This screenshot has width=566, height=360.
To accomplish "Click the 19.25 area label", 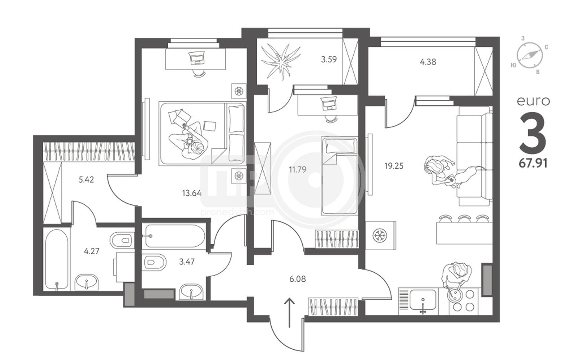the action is [x=394, y=166].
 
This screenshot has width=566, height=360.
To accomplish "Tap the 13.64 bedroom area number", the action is [x=192, y=193].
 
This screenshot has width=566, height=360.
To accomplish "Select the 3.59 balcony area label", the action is [x=329, y=60].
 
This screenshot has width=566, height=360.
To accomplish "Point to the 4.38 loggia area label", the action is [x=428, y=62].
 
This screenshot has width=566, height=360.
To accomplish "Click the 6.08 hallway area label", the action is [x=298, y=279].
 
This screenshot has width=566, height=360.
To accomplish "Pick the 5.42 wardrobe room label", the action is [x=86, y=180].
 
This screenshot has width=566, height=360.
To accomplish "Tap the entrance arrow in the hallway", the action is [x=290, y=313].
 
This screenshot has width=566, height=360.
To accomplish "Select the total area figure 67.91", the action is [x=533, y=163].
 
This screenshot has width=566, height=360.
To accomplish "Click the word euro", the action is [x=533, y=101].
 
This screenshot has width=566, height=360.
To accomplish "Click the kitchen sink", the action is [x=423, y=300].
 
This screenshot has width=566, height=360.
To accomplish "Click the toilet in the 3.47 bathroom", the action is [x=154, y=262].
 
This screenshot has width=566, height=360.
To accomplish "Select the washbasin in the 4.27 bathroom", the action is [x=86, y=282].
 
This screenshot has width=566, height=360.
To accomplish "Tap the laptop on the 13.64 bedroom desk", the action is [x=198, y=58].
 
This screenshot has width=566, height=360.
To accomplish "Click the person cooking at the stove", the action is [x=456, y=276].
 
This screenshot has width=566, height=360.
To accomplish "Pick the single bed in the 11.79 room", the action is [x=339, y=176].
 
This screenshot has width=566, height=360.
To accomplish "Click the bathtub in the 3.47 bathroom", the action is [x=175, y=236].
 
